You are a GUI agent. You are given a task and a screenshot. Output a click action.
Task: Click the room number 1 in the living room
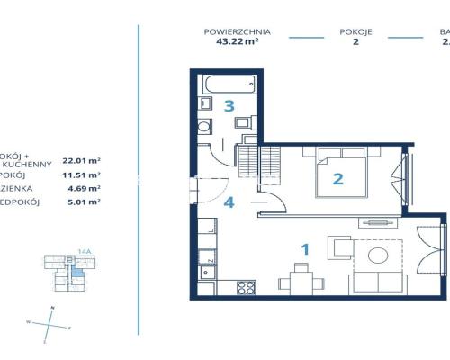click(305, 249)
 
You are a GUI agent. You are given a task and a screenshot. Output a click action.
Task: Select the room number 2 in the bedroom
click(338, 178)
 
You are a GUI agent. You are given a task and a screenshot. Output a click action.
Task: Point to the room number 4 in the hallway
click(229, 202)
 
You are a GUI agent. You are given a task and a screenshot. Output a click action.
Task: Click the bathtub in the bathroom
click(229, 86)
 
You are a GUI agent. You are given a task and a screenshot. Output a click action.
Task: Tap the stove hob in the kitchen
click(244, 288)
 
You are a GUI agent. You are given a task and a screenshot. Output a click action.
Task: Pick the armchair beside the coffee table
click(340, 247)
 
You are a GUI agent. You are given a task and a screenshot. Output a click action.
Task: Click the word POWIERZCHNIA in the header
click(238, 32)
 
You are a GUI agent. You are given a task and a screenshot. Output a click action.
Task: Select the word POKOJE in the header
click(356, 32)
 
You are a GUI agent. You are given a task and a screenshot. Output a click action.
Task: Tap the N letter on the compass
click(52, 309)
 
